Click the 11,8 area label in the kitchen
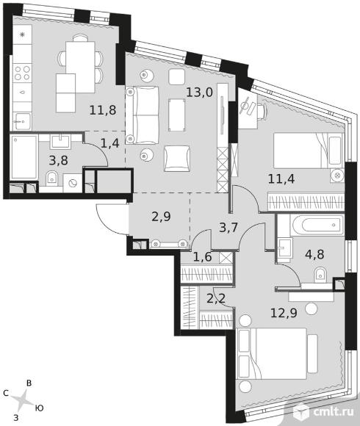(103, 110)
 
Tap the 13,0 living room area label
(199, 93)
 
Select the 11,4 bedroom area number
(281, 179)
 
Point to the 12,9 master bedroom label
(284, 313)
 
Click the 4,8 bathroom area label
(314, 255)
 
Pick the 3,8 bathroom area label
(59, 160)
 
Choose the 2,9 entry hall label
(161, 217)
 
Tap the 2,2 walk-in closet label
(216, 299)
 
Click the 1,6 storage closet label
(203, 257)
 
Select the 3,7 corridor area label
(228, 228)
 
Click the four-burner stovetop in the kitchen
(22, 73)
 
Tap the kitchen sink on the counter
(22, 122)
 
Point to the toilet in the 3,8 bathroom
(51, 178)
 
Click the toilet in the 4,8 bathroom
(321, 275)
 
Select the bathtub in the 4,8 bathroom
(317, 225)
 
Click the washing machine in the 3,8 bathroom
(73, 184)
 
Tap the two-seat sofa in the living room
(142, 115)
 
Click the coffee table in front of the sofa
(177, 115)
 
